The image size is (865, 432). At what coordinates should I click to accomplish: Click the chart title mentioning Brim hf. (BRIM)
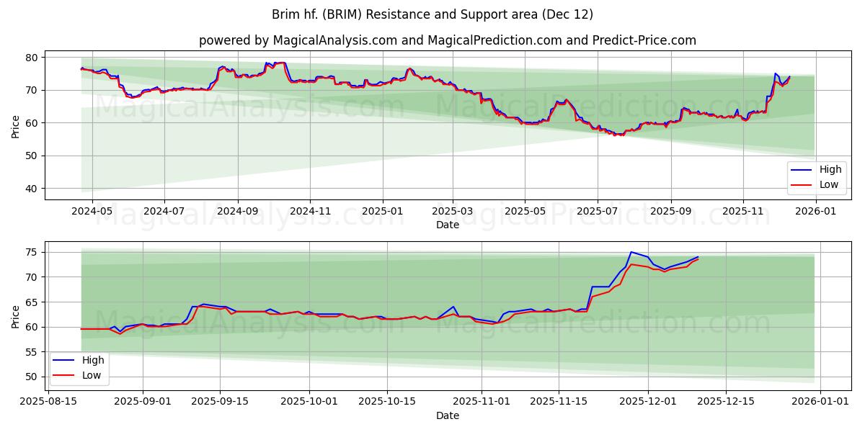(432, 14)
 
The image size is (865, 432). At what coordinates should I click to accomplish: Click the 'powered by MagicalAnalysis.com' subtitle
(447, 40)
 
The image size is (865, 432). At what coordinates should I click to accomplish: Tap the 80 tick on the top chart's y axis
(32, 57)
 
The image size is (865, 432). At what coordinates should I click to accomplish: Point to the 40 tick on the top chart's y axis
(32, 189)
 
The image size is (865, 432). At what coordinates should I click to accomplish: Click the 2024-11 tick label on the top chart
(310, 212)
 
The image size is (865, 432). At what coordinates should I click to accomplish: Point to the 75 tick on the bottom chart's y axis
(32, 252)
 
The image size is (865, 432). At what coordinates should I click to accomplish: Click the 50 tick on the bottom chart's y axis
(32, 377)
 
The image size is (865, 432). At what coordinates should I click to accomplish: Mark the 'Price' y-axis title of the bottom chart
(15, 317)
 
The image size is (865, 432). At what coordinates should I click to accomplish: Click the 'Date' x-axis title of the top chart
(447, 225)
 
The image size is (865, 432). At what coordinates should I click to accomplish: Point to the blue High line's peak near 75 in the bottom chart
(631, 252)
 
